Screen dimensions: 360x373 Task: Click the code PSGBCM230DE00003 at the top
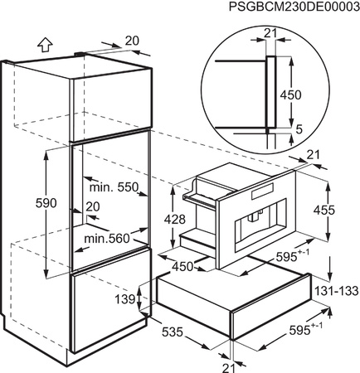[294, 7]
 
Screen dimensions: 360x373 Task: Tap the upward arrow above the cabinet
[45, 45]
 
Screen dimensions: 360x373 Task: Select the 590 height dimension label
[46, 203]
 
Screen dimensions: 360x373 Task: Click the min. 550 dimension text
[114, 188]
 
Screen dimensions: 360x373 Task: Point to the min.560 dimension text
[107, 238]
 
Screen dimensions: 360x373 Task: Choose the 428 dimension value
[175, 220]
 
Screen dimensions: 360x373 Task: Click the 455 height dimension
[324, 211]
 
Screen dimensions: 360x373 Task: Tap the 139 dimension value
[125, 298]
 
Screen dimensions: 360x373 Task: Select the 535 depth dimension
[173, 332]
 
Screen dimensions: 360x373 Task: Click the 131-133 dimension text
[337, 291]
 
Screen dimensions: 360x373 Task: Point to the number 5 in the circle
[299, 129]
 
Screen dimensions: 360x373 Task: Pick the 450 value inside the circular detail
[290, 95]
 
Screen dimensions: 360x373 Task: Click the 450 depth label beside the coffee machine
[182, 267]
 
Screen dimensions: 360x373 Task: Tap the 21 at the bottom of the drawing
[229, 366]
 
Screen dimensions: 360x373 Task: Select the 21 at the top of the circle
[270, 34]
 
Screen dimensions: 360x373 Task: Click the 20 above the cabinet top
[132, 41]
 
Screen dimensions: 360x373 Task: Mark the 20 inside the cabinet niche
[93, 206]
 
